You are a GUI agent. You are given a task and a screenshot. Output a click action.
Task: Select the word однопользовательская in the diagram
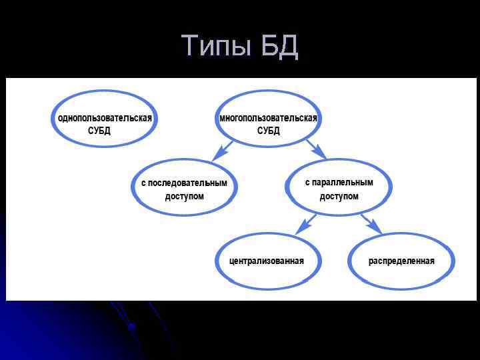click(105, 118)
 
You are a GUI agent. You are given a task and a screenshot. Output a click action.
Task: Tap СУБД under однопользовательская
click(99, 131)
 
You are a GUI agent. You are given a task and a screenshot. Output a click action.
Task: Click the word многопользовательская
click(268, 118)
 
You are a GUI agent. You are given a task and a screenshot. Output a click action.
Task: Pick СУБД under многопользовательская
click(269, 131)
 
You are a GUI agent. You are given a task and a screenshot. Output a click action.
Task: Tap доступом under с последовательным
click(185, 197)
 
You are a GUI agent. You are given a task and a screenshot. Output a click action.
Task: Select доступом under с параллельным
click(339, 197)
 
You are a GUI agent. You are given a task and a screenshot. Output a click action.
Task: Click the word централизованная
click(267, 261)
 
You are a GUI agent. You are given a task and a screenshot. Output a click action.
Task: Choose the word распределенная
click(401, 261)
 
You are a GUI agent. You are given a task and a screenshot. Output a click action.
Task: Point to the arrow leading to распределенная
click(371, 223)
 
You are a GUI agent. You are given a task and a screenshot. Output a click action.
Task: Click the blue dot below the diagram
click(131, 326)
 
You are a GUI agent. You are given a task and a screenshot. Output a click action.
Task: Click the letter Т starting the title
click(190, 46)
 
